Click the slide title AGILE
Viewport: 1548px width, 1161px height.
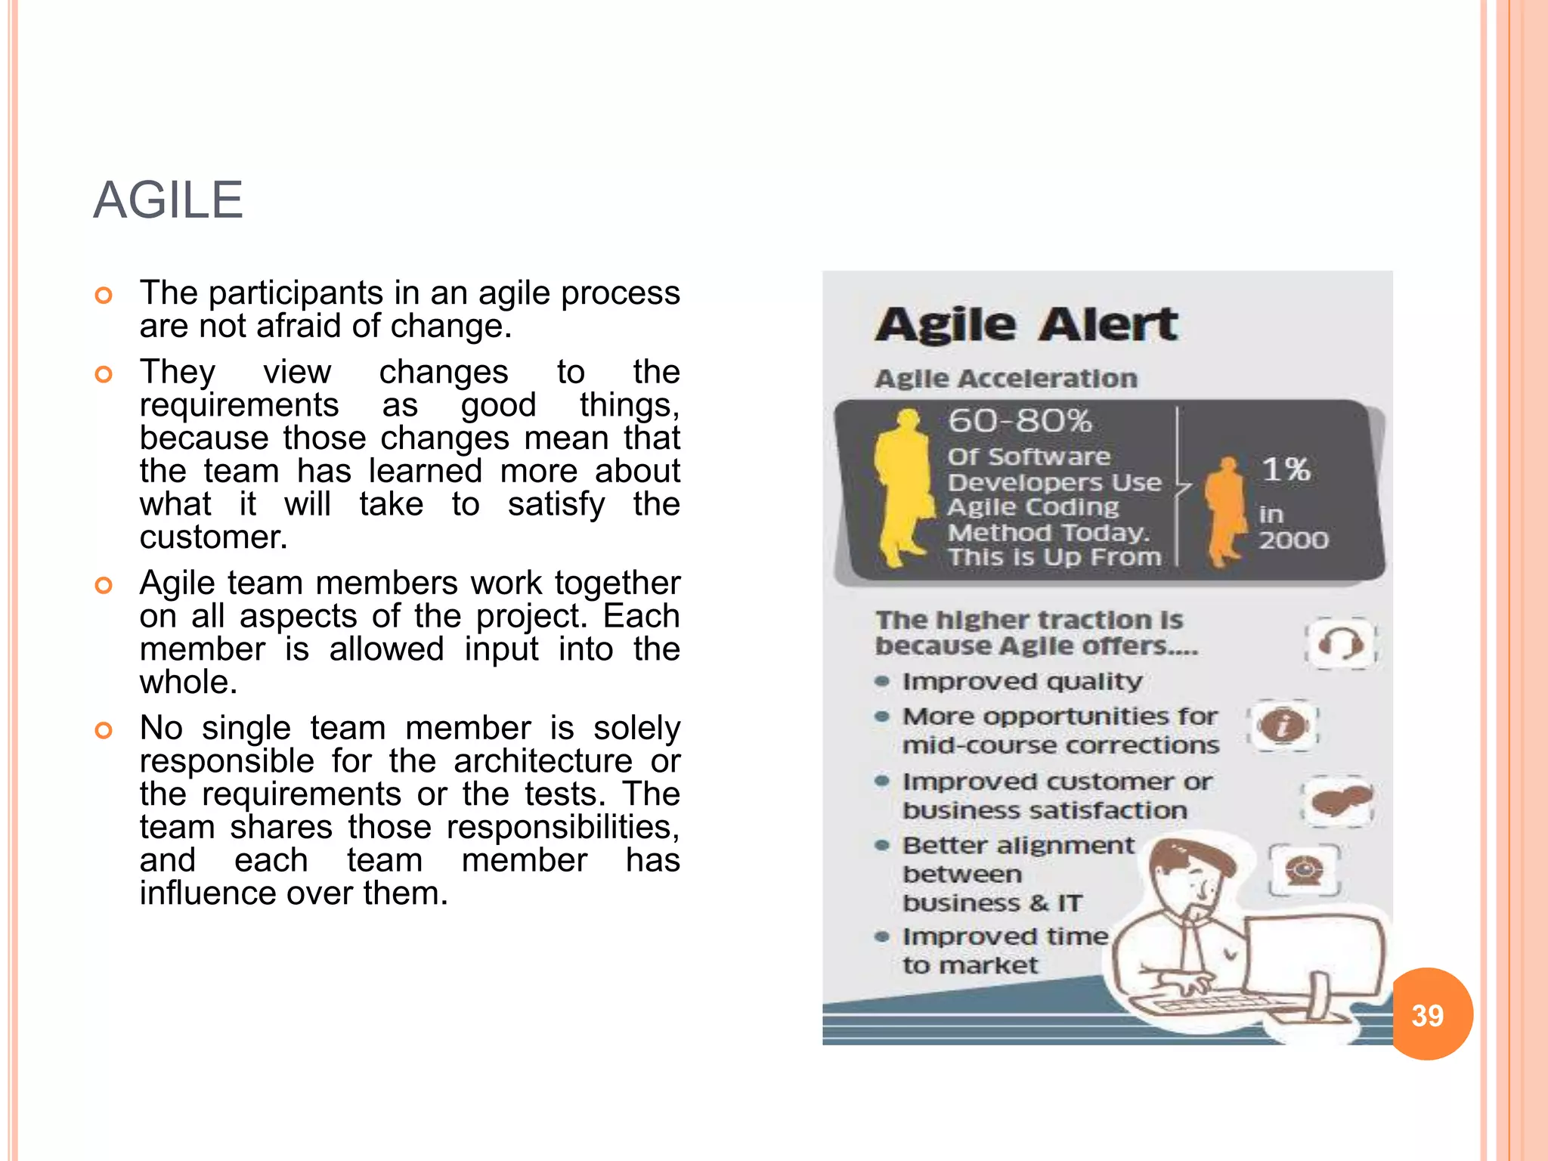[168, 200]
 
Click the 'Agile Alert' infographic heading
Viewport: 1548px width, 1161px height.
[1026, 325]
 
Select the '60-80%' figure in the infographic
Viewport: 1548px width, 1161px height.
[1020, 420]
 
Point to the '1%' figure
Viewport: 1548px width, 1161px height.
[1286, 469]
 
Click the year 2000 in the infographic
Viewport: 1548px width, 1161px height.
[1293, 540]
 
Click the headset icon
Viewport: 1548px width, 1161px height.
[1340, 645]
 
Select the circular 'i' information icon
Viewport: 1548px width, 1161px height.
[1283, 726]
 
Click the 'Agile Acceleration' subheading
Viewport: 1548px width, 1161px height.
[1006, 379]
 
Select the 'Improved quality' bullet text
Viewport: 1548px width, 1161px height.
[1022, 681]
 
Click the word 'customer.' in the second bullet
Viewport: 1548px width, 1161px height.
[214, 537]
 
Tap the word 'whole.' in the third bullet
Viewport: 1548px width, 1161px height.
[189, 683]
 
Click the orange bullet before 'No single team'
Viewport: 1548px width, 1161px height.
[104, 730]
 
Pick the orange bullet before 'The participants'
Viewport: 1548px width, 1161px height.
[104, 295]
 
